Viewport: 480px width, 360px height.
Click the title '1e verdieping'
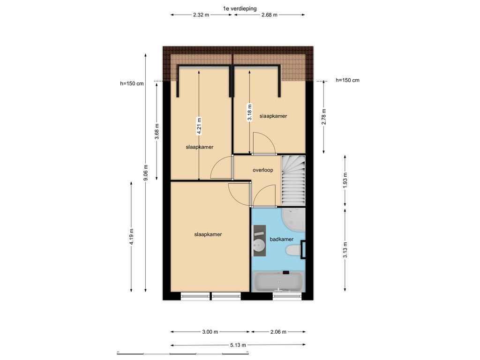click(240, 8)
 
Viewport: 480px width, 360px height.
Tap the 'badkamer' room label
click(281, 239)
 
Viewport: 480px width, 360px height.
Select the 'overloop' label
click(262, 170)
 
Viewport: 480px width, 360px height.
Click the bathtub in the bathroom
click(278, 282)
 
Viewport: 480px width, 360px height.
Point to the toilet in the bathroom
click(294, 250)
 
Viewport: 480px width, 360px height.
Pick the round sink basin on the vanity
click(259, 245)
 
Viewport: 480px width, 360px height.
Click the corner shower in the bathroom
click(293, 220)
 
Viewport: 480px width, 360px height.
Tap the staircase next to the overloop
click(293, 180)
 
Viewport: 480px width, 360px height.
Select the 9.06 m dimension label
click(146, 172)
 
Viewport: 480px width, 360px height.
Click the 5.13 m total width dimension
click(238, 345)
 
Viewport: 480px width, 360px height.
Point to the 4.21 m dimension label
click(199, 126)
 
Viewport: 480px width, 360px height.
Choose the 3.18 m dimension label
click(250, 113)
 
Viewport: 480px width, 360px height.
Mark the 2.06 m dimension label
click(278, 331)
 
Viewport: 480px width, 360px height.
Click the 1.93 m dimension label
click(345, 180)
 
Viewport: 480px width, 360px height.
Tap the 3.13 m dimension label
click(345, 249)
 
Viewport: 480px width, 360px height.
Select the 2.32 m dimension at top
click(201, 15)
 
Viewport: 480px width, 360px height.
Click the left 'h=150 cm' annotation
click(132, 83)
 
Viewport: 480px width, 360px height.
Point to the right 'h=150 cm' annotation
click(347, 80)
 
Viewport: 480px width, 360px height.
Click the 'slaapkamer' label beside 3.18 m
click(273, 116)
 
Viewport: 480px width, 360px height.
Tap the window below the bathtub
click(287, 296)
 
